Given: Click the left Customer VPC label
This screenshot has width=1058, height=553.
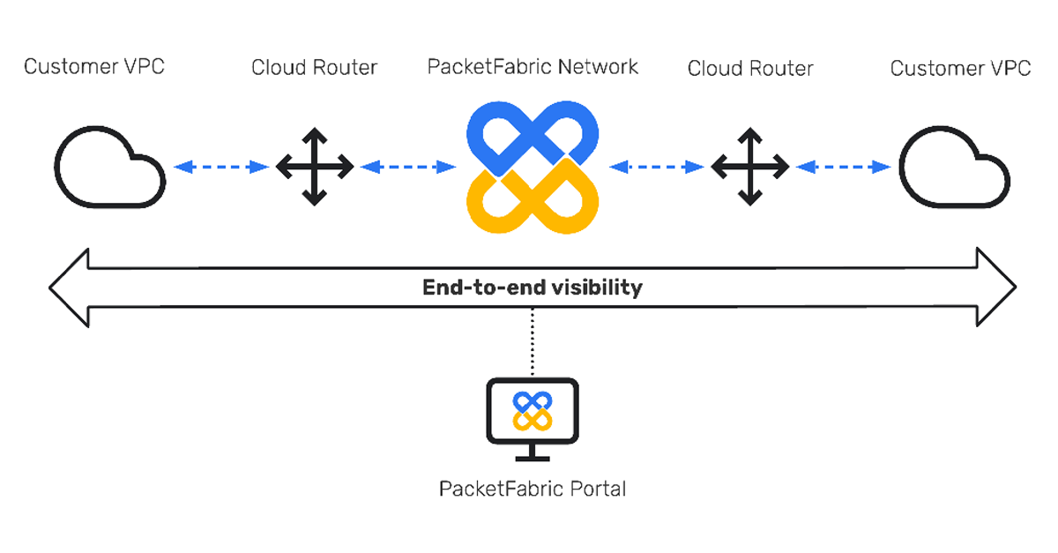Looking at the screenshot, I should tap(93, 67).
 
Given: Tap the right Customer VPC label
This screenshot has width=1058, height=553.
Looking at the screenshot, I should tap(960, 69).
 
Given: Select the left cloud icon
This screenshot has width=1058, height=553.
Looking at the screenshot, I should tap(109, 168).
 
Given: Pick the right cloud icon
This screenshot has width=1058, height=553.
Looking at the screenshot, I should tap(954, 168).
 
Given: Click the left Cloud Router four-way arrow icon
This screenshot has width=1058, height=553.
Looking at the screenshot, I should tap(315, 166).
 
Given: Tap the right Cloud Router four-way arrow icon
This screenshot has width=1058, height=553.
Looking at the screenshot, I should tap(749, 166).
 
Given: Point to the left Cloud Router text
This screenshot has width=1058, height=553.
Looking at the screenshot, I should tap(314, 68).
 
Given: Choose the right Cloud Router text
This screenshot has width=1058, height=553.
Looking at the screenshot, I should tap(750, 69).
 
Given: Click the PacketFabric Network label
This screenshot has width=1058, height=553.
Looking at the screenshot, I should tap(533, 67).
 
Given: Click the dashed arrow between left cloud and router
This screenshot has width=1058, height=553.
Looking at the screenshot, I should tap(220, 166).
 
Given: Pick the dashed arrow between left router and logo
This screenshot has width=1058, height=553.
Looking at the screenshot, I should tap(407, 166).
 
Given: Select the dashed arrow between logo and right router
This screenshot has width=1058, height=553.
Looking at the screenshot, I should tap(657, 166).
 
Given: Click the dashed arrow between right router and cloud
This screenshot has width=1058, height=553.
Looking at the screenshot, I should tap(843, 166).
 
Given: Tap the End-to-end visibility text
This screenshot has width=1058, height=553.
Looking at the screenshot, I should tap(533, 288).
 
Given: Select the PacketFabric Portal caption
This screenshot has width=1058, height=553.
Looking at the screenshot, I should tap(533, 489).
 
